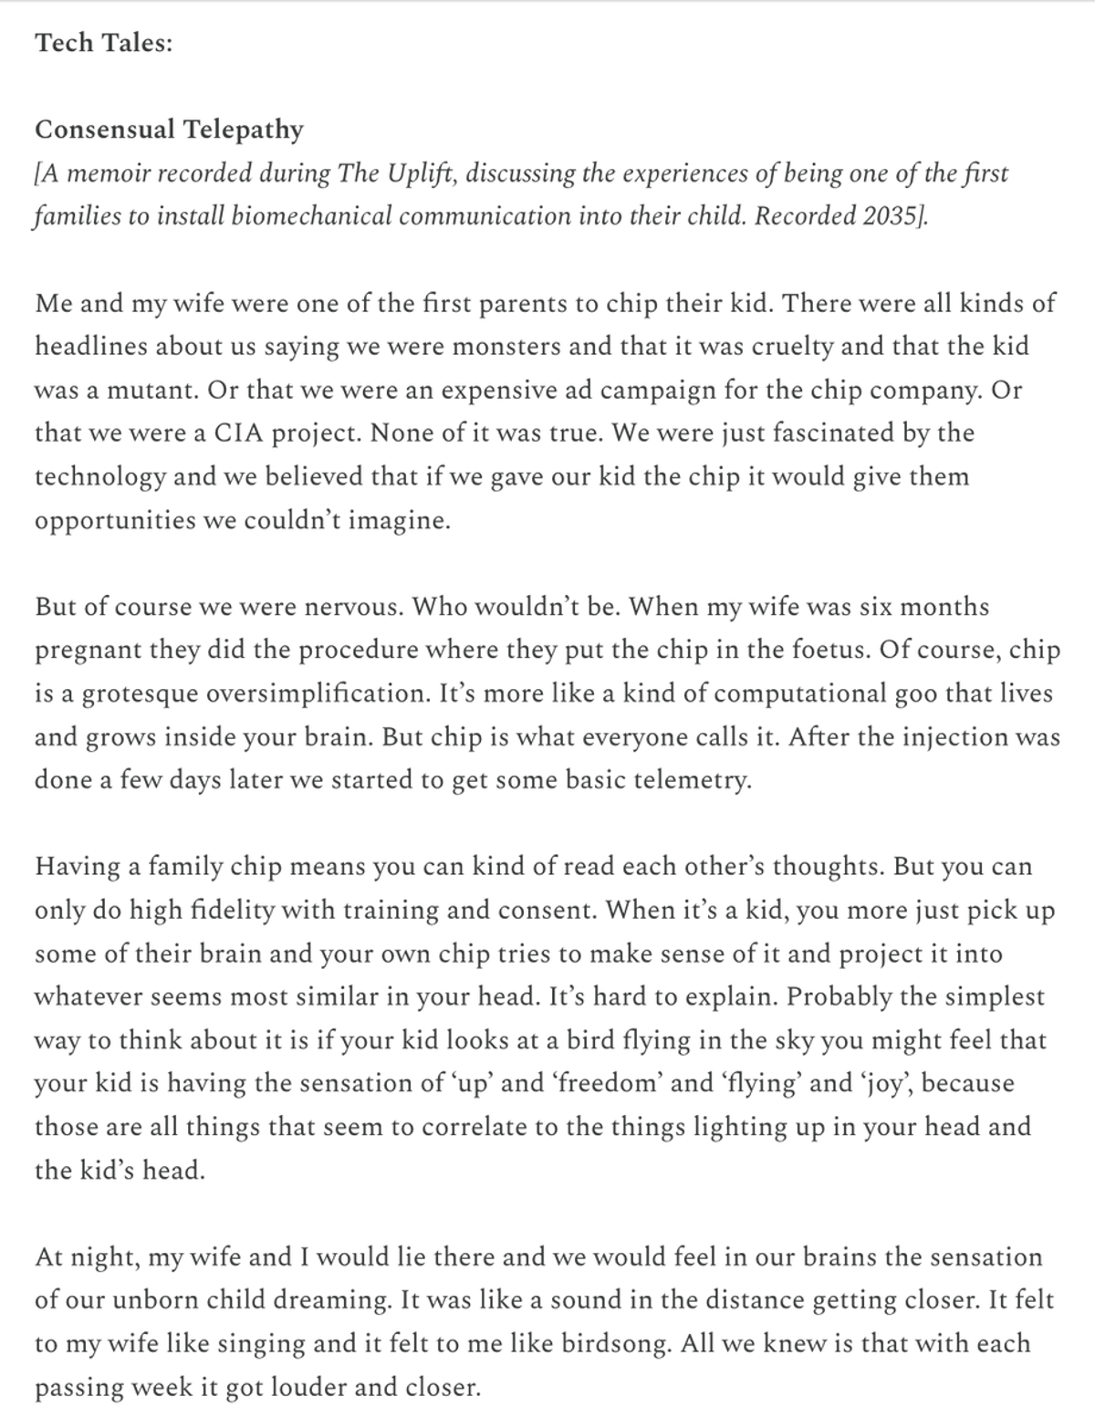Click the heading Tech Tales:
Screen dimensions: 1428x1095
tap(103, 43)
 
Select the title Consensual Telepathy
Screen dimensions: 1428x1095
tap(169, 130)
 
